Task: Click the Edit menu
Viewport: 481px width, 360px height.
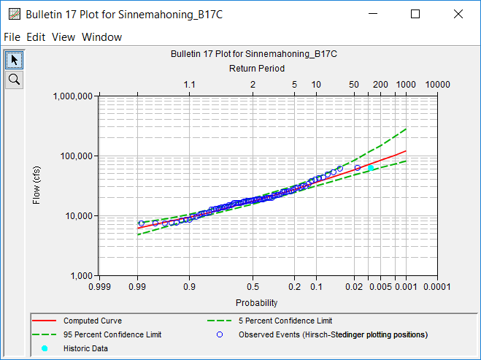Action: (x=36, y=37)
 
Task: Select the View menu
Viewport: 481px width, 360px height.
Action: (x=63, y=37)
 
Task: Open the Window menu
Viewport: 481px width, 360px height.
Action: (x=101, y=37)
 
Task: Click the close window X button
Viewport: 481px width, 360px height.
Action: (x=458, y=14)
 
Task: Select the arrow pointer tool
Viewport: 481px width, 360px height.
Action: (x=14, y=59)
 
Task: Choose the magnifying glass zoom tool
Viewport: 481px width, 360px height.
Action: (x=14, y=78)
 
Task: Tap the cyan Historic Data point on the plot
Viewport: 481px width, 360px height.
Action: (x=371, y=168)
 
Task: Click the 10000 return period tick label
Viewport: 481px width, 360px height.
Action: (x=436, y=85)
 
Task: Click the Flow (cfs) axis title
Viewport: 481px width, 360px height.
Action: (x=37, y=185)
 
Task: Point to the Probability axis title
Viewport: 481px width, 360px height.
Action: (x=256, y=302)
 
